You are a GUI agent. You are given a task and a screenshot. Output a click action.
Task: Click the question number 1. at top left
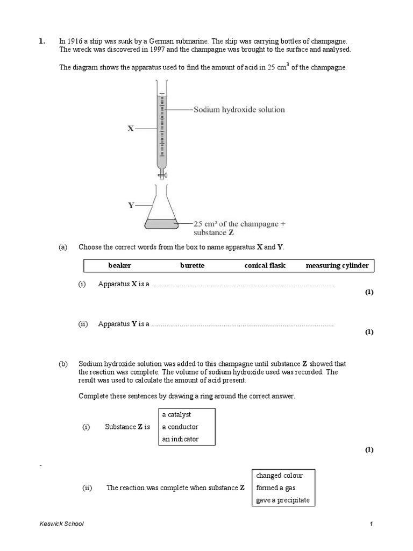[41, 41]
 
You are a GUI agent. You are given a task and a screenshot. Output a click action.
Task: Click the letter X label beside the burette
[131, 129]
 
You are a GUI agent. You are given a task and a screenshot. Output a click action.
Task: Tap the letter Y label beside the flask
[131, 205]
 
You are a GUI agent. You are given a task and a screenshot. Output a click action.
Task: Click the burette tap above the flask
[161, 175]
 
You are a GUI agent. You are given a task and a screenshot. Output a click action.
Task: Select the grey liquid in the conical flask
[161, 223]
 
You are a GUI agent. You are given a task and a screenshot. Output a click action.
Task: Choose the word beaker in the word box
[119, 266]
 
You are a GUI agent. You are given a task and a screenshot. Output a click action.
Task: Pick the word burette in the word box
[192, 266]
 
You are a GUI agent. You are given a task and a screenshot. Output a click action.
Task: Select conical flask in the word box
[265, 266]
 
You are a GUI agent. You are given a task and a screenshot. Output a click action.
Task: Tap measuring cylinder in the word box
[337, 266]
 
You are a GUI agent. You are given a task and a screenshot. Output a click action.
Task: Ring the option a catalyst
[176, 415]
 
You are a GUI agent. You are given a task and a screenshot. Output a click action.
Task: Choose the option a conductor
[180, 427]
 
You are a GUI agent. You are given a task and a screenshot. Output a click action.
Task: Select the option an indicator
[180, 440]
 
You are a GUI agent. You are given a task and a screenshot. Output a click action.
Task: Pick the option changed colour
[279, 476]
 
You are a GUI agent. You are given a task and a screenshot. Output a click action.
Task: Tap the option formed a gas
[276, 488]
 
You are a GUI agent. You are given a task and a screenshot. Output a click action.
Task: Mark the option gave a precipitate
[283, 500]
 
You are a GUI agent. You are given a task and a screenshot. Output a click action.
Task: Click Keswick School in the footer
[62, 524]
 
